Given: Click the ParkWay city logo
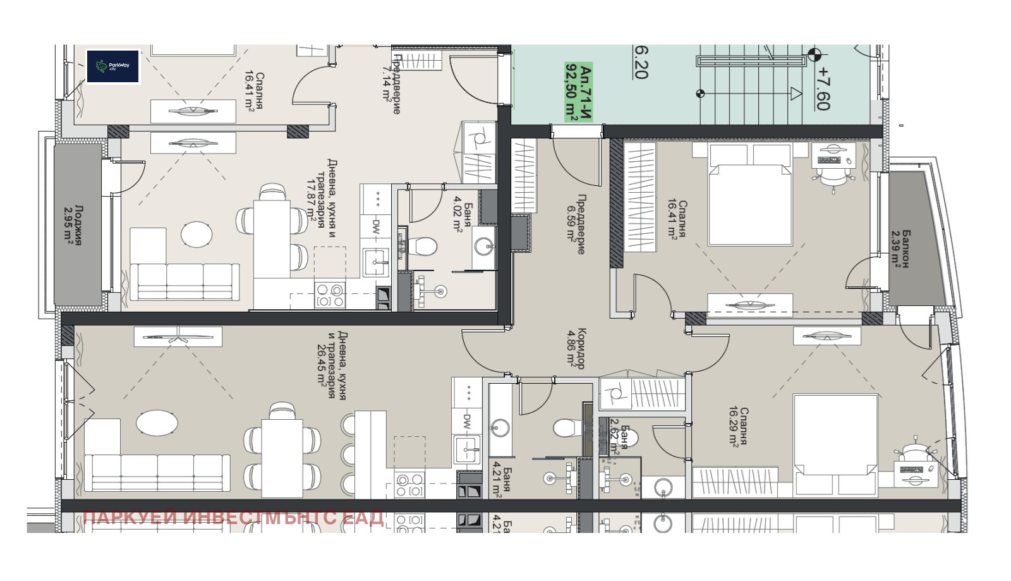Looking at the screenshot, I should coord(112,66).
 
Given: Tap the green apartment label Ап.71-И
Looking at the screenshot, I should coord(579,92).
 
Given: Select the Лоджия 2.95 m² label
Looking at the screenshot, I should coord(74,224).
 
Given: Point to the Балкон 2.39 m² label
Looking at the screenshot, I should coord(900,248).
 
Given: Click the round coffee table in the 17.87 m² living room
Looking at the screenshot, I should coord(197,235).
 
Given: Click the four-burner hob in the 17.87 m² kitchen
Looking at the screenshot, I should coord(330,295).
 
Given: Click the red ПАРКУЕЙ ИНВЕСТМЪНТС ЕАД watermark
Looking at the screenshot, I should coord(233,518).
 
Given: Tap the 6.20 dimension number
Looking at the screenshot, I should coord(641,61).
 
